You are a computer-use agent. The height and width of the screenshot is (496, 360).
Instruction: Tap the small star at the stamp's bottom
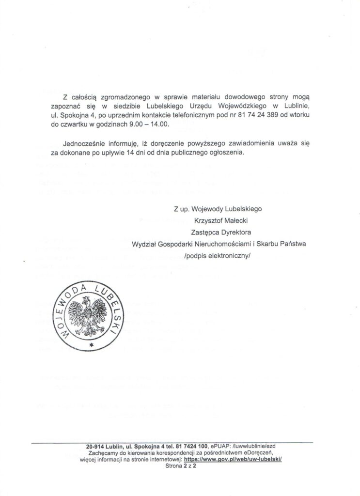91,345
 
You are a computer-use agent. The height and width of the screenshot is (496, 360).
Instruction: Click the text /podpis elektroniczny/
221,253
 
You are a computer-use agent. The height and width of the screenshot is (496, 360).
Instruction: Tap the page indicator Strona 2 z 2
180,464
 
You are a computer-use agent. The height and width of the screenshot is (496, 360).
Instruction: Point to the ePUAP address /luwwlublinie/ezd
255,446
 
